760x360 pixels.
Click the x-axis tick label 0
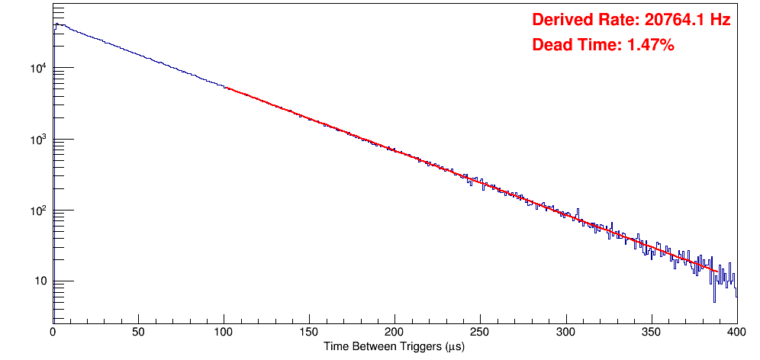pyautogui.click(x=53, y=332)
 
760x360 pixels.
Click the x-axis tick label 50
pyautogui.click(x=138, y=332)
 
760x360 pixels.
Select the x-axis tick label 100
pyautogui.click(x=224, y=332)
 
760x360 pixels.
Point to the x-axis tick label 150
pyautogui.click(x=309, y=332)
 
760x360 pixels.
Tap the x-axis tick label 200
pyautogui.click(x=394, y=332)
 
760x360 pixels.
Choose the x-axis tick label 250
pyautogui.click(x=480, y=332)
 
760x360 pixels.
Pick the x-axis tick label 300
pyautogui.click(x=565, y=332)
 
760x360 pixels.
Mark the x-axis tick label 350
pyautogui.click(x=651, y=332)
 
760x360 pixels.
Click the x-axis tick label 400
pyautogui.click(x=736, y=332)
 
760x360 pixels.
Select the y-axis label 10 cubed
pyautogui.click(x=39, y=140)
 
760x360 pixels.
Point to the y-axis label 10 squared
pyautogui.click(x=39, y=211)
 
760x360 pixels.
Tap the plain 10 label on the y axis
pyautogui.click(x=41, y=282)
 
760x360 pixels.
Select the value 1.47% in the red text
pyautogui.click(x=650, y=46)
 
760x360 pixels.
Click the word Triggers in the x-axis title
pyautogui.click(x=412, y=346)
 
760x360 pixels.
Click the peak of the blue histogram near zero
pyautogui.click(x=56, y=24)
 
